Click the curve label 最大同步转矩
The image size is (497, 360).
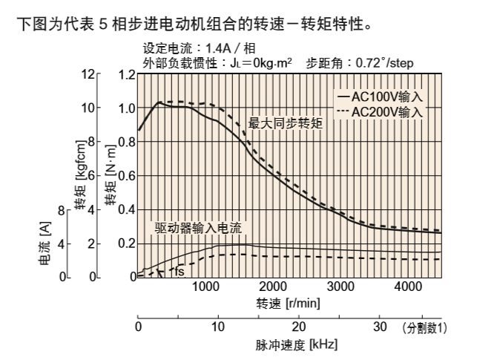[285, 122]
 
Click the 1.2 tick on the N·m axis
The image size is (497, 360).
[127, 75]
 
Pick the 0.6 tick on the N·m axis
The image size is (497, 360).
[127, 176]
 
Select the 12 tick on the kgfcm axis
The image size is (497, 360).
[90, 75]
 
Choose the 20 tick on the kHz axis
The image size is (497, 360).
[299, 326]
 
